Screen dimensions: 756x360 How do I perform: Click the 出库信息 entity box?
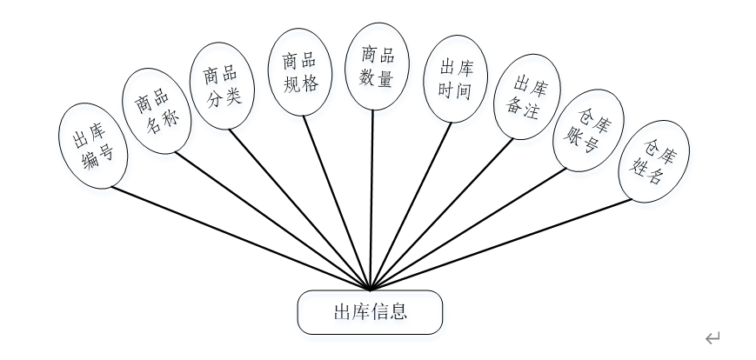[x=370, y=312]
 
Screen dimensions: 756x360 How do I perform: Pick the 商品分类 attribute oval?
[x=221, y=86]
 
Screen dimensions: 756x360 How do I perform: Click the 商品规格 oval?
[x=298, y=72]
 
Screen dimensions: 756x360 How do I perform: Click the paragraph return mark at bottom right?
[x=713, y=338]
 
